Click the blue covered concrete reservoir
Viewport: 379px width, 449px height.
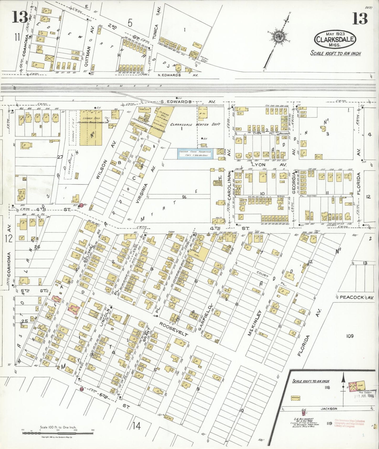coord(195,154)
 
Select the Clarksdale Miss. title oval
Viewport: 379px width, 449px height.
coord(335,39)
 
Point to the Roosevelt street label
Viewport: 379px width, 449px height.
coord(174,329)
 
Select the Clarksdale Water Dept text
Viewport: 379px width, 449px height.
coord(195,124)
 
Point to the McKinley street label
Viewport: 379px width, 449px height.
coord(254,323)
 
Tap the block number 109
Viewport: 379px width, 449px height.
coord(350,336)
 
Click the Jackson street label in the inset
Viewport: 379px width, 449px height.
coord(329,408)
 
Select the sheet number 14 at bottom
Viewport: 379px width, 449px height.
coord(136,426)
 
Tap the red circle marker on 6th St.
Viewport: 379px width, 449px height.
coord(82,389)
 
